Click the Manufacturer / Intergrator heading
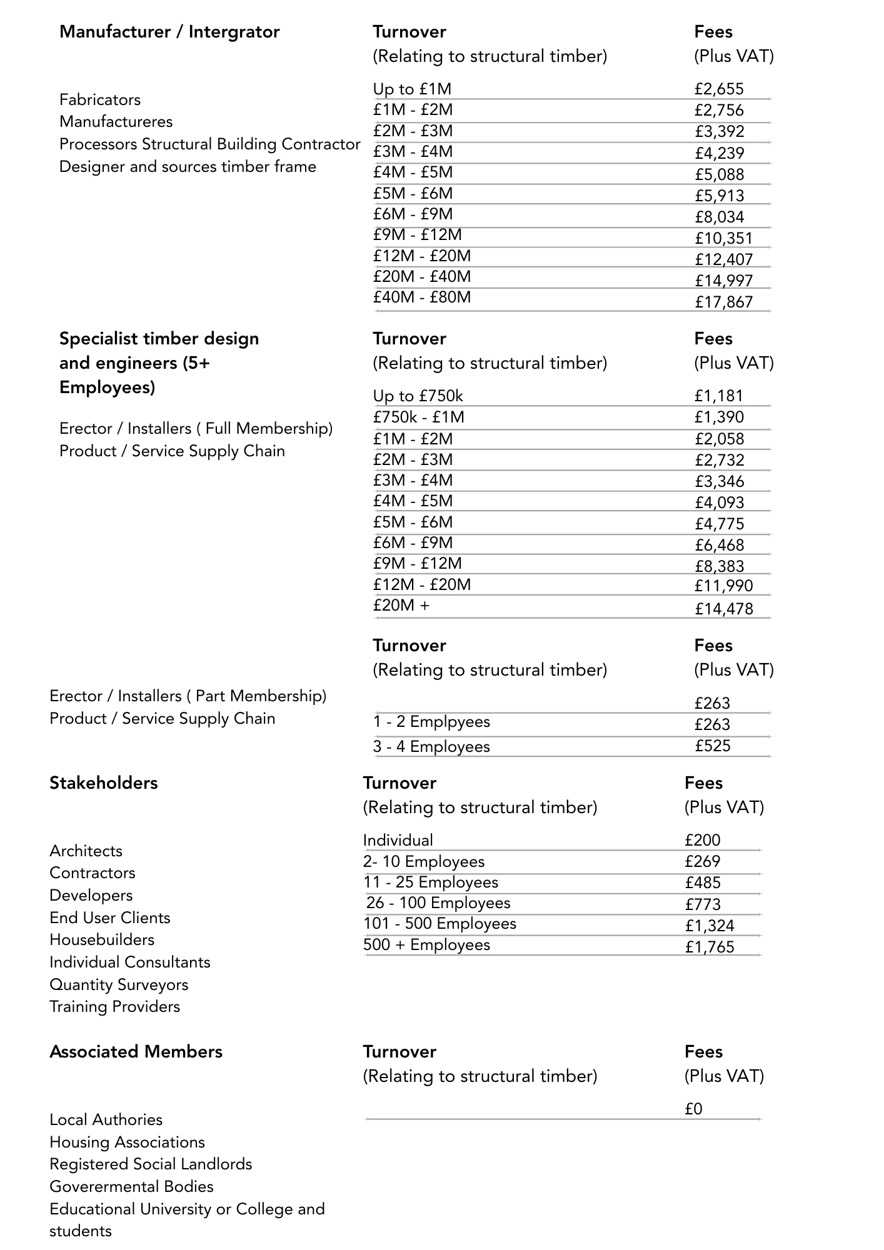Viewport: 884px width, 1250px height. click(169, 32)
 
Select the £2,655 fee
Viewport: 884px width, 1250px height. click(719, 89)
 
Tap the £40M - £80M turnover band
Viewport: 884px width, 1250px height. click(422, 297)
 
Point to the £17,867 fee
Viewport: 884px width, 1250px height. click(724, 302)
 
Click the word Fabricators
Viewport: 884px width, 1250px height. click(100, 100)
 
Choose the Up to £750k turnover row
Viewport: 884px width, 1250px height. click(418, 396)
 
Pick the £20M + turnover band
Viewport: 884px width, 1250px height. click(401, 605)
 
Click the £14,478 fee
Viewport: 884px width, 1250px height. click(724, 609)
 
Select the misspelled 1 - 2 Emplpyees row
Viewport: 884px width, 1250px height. click(431, 722)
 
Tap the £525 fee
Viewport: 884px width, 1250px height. click(713, 746)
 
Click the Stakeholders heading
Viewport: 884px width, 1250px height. click(104, 783)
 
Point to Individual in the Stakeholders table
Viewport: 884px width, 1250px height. click(398, 841)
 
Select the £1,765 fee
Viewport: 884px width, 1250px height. click(710, 947)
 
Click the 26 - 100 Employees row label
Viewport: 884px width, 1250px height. click(438, 903)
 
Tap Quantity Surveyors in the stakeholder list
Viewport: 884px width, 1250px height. click(119, 984)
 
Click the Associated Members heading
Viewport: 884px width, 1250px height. click(136, 1052)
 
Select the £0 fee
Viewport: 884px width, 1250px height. click(694, 1109)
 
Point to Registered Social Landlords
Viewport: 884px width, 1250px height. click(151, 1164)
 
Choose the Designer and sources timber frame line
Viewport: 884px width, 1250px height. click(188, 167)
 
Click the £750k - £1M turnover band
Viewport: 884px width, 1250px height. click(419, 417)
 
